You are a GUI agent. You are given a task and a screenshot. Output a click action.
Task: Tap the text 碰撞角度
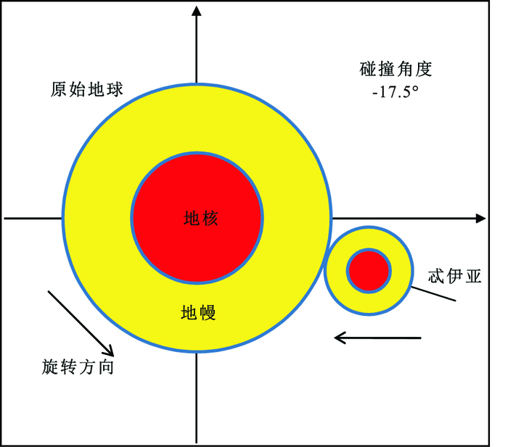396,70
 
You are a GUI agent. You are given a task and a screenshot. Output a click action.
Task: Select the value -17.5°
396,92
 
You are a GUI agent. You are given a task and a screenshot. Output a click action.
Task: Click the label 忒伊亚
455,276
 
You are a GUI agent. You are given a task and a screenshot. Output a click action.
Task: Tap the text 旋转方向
78,367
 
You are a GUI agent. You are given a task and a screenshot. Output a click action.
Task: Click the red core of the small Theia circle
369,271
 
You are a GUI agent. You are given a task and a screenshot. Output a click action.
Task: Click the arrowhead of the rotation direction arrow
108,349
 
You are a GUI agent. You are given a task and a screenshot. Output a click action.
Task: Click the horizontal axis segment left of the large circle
33,217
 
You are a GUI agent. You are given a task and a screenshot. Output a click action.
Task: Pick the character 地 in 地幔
189,313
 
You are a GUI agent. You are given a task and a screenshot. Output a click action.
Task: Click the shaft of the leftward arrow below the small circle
385,338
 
